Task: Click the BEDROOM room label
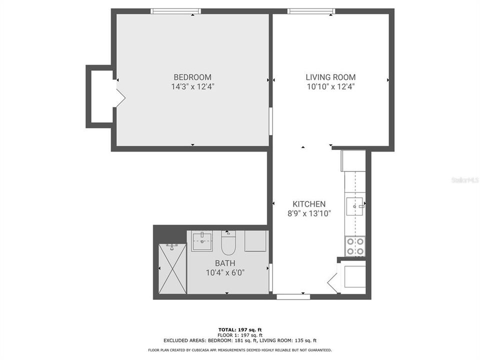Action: tap(192, 77)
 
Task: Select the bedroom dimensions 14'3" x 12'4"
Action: tap(192, 86)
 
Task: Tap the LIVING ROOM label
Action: tap(330, 77)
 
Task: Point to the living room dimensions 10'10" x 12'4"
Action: tap(330, 86)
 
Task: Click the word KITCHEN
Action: tap(309, 204)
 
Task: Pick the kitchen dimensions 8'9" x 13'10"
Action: tap(309, 213)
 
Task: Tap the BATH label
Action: tap(225, 263)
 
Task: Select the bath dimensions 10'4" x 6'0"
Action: tap(225, 272)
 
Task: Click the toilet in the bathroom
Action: tap(228, 243)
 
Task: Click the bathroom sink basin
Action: tap(202, 241)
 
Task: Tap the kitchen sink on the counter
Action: tap(355, 205)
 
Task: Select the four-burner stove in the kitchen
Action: tap(355, 245)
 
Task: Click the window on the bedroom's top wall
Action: tap(176, 11)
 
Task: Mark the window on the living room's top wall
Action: tap(310, 11)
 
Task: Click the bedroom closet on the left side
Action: tap(101, 96)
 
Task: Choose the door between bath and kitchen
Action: tap(270, 278)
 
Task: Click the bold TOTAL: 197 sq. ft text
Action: tap(240, 329)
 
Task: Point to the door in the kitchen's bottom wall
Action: tap(293, 296)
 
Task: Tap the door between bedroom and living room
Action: tap(270, 120)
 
